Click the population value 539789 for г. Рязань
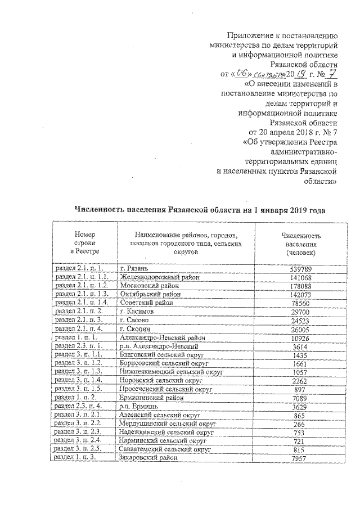click(301, 269)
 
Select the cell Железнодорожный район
click(159, 277)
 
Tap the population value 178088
click(301, 286)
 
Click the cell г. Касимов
click(137, 311)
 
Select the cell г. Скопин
click(135, 328)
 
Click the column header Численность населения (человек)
click(301, 245)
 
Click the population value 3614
click(301, 346)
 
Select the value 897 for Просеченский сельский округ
click(301, 389)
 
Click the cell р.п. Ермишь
click(138, 406)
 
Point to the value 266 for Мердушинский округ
click(301, 424)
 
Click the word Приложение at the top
click(252, 35)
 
